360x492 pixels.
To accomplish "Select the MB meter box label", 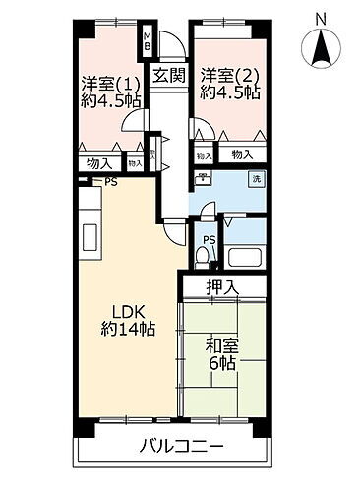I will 147,42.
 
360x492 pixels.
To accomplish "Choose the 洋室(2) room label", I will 228,75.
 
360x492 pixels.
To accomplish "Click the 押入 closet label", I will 221,287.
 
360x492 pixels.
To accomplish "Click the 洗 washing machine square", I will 253,181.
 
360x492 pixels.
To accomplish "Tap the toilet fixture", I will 204,259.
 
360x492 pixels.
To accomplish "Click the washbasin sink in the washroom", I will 202,180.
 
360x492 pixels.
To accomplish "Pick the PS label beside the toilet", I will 209,239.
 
